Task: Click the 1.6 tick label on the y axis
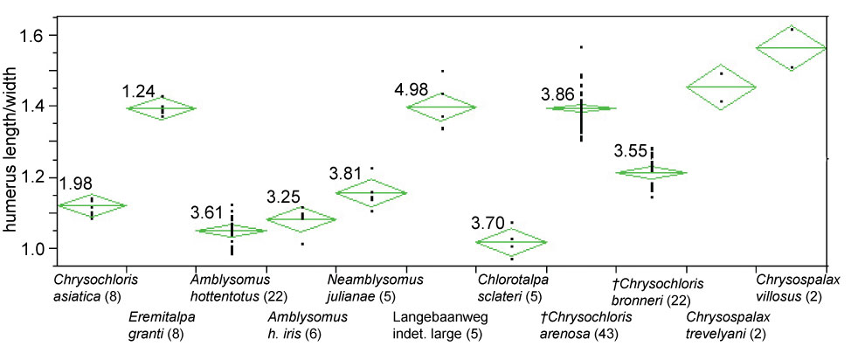pyautogui.click(x=41, y=35)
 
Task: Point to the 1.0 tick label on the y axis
pyautogui.click(x=41, y=249)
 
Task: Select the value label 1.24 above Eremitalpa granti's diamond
pyautogui.click(x=140, y=91)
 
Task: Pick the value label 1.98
pyautogui.click(x=76, y=183)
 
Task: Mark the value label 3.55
pyautogui.click(x=631, y=150)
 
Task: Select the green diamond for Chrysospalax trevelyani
pyautogui.click(x=721, y=87)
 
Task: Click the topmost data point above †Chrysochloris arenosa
pyautogui.click(x=581, y=46)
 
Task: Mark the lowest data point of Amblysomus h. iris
pyautogui.click(x=301, y=244)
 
